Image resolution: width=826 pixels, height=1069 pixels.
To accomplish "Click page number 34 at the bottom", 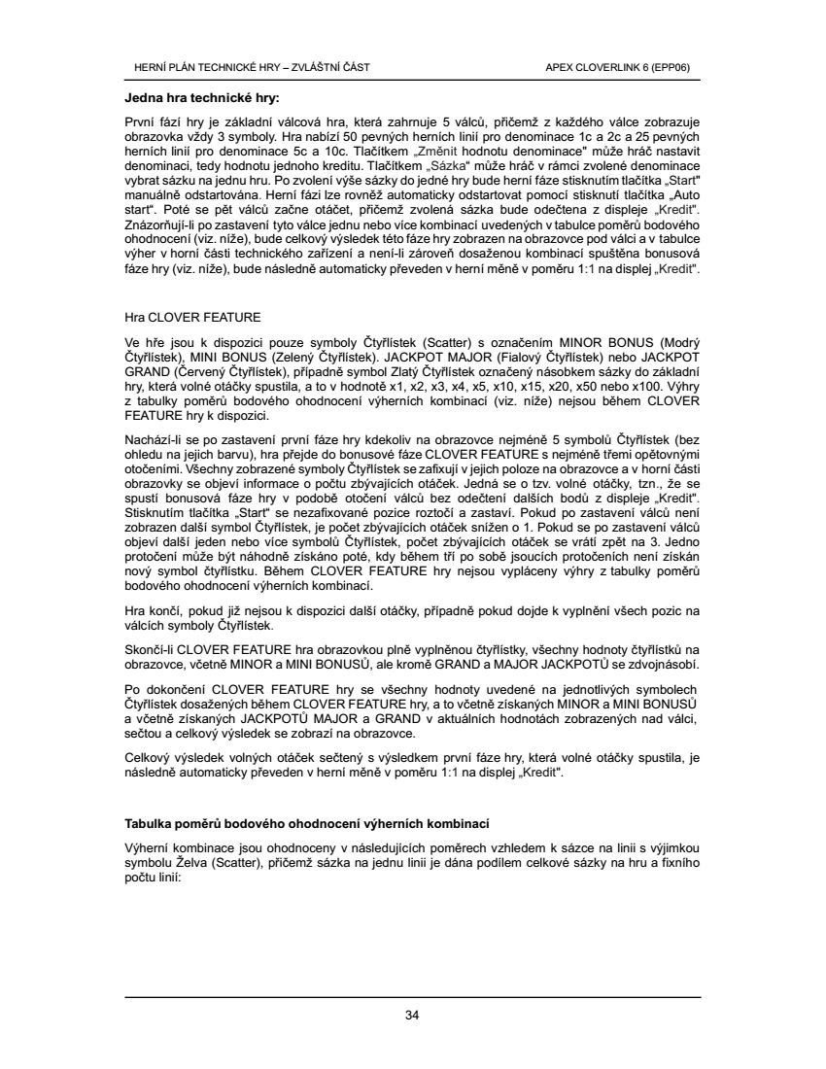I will coord(412,1016).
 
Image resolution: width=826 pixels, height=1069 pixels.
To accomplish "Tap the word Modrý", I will coord(681,342).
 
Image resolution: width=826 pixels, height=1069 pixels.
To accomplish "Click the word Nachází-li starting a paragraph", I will coord(154,440).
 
